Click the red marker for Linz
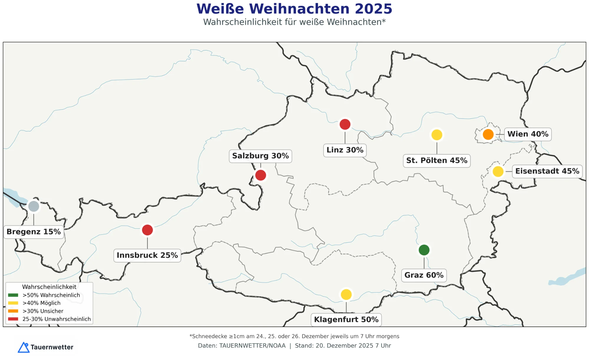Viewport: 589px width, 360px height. [x=345, y=124]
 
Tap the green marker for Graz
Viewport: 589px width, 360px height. [x=424, y=250]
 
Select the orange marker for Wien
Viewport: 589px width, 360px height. [x=488, y=134]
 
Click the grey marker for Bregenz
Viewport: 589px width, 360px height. [x=34, y=206]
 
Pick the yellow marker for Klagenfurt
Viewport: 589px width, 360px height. [x=346, y=294]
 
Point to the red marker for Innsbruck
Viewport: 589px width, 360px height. [x=147, y=230]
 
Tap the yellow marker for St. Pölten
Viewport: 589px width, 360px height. [x=437, y=135]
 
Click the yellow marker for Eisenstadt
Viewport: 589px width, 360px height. [x=498, y=171]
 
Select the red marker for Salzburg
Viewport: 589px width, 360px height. [x=261, y=175]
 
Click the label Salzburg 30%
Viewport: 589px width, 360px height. [x=260, y=156]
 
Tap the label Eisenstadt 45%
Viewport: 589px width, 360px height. [x=547, y=171]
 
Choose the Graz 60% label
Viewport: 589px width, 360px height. [x=424, y=275]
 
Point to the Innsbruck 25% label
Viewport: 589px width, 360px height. [x=147, y=255]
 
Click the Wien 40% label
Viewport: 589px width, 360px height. [x=528, y=134]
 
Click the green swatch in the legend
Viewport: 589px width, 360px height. [x=13, y=295]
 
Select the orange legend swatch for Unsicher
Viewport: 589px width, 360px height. [x=13, y=311]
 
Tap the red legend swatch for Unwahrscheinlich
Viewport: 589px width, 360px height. [x=13, y=319]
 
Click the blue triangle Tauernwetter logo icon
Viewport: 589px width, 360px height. [x=24, y=347]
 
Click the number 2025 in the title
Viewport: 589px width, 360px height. [x=373, y=9]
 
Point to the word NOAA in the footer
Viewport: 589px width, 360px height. [x=277, y=346]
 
